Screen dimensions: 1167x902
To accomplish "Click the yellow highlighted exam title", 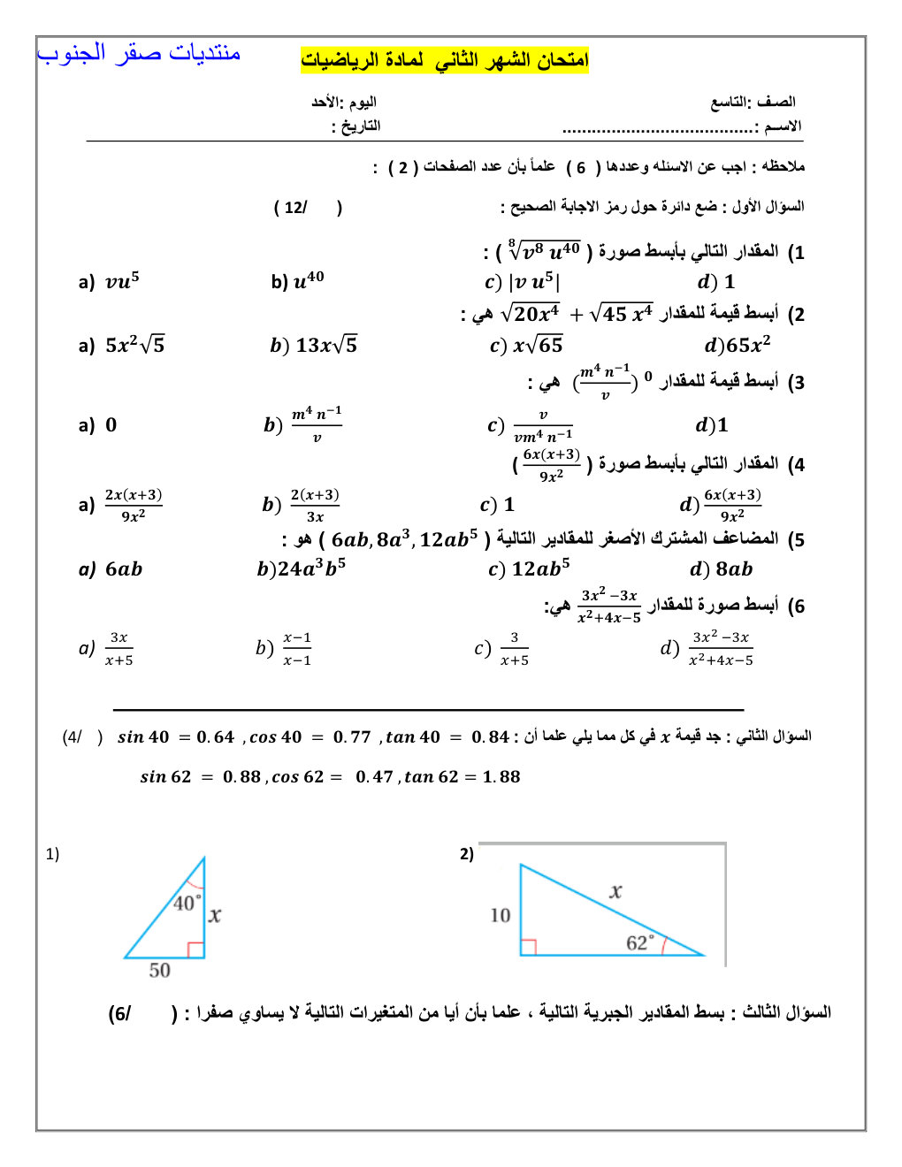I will pos(444,60).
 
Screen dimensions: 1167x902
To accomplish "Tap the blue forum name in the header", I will pos(139,53).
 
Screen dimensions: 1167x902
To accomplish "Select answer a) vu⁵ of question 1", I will pos(111,281).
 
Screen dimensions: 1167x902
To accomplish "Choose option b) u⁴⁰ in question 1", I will pos(298,281).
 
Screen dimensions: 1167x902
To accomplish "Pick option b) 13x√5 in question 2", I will pos(314,345).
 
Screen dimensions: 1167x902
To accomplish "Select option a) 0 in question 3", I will pos(98,425).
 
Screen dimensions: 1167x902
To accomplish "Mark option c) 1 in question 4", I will pos(497,505).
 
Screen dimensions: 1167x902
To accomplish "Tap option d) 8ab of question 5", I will pos(722,569).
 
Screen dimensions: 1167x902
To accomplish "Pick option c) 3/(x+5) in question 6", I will pos(502,649).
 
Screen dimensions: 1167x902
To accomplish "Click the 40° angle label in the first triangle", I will pos(187,903).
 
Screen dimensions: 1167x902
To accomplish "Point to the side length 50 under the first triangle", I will pos(159,971).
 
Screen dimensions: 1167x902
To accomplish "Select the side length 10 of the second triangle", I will pos(501,915).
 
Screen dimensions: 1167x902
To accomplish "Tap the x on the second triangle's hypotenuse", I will pos(615,892).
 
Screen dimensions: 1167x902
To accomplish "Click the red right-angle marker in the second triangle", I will pos(528,947).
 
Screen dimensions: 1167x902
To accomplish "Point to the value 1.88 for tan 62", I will pos(501,777).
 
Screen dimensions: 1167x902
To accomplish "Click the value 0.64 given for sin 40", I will pos(215,737).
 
